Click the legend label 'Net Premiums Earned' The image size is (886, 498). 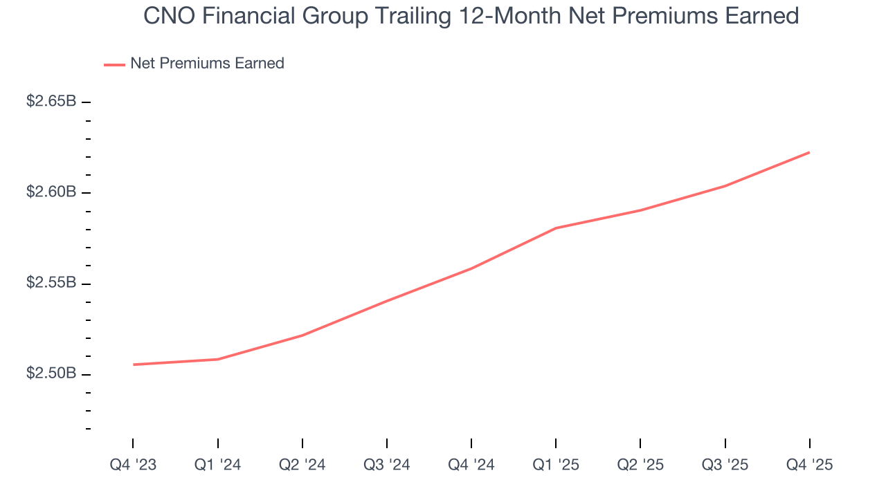tap(207, 64)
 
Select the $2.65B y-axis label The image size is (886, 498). tap(51, 102)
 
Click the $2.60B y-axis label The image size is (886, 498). tap(51, 192)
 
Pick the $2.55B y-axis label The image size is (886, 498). tap(51, 284)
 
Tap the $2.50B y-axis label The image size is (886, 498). tap(51, 374)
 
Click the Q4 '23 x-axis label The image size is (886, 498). tap(133, 465)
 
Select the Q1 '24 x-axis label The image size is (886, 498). tap(217, 465)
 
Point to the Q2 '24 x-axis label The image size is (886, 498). tap(302, 465)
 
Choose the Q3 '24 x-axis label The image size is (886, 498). tap(386, 465)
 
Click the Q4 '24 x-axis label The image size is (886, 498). tap(471, 465)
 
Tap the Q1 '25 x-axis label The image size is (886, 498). tap(556, 465)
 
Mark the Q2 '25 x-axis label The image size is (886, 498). tap(640, 465)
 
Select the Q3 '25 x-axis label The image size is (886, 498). tap(725, 465)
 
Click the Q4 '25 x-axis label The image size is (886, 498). tap(809, 465)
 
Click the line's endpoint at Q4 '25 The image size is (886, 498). tap(809, 152)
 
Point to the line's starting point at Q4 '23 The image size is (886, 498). tap(133, 365)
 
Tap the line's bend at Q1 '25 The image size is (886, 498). tap(556, 228)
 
